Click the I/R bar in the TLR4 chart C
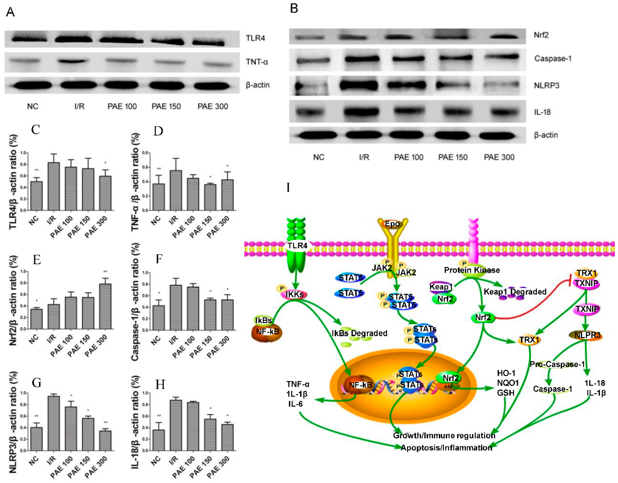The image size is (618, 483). coord(54,187)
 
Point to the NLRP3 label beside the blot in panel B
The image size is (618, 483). coord(546,85)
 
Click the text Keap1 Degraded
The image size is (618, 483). coord(515,291)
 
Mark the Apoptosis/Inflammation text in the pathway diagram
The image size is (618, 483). coord(446,448)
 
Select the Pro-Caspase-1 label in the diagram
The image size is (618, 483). coord(557,364)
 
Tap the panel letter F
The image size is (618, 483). coord(159,259)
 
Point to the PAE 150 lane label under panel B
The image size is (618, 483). coord(453,157)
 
